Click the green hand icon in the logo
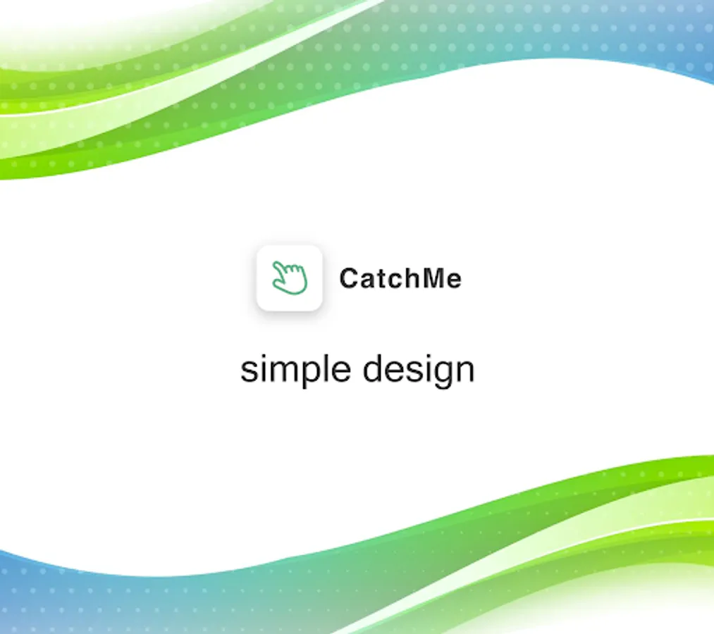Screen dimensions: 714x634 click(x=290, y=278)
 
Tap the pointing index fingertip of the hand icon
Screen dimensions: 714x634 click(x=275, y=263)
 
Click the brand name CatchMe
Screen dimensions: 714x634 click(x=400, y=278)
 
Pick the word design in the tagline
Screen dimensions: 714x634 click(x=419, y=370)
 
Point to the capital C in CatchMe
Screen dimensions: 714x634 click(x=349, y=278)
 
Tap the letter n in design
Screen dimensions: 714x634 click(x=464, y=371)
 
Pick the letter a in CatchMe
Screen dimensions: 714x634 click(x=364, y=281)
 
